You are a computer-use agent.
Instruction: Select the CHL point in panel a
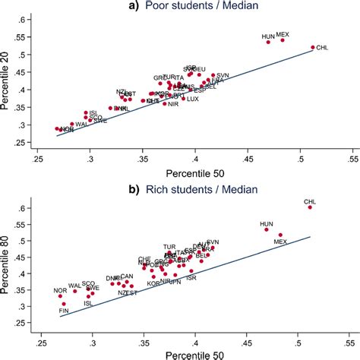coord(312,47)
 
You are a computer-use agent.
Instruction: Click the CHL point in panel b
coord(309,207)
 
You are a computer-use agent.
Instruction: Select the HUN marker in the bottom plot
coord(267,229)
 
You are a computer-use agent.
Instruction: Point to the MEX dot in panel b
coord(280,235)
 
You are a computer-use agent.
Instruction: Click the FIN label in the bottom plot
coord(65,310)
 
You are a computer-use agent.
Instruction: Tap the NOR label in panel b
coord(59,290)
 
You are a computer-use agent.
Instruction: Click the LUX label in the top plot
coord(193,99)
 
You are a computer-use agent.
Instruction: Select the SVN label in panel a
coord(223,75)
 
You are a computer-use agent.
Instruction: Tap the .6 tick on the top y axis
coord(23,18)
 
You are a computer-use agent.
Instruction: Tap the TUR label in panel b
coord(169,247)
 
